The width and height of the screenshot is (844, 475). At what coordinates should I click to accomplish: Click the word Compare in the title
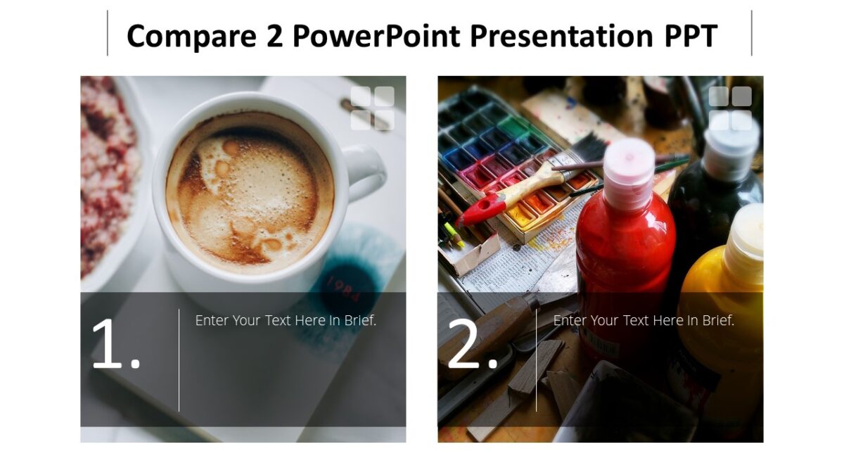click(180, 35)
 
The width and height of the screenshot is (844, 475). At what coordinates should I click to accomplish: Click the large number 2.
click(473, 344)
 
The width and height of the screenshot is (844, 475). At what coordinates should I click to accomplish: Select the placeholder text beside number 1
click(286, 320)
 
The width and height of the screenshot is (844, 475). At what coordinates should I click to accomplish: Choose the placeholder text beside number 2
click(644, 320)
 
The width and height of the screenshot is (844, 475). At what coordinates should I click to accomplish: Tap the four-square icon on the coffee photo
click(372, 108)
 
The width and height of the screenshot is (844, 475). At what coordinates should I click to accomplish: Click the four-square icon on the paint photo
click(730, 108)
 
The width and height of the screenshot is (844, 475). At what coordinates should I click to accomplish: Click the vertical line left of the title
click(108, 33)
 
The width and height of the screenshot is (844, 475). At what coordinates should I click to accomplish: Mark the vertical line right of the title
click(751, 33)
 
